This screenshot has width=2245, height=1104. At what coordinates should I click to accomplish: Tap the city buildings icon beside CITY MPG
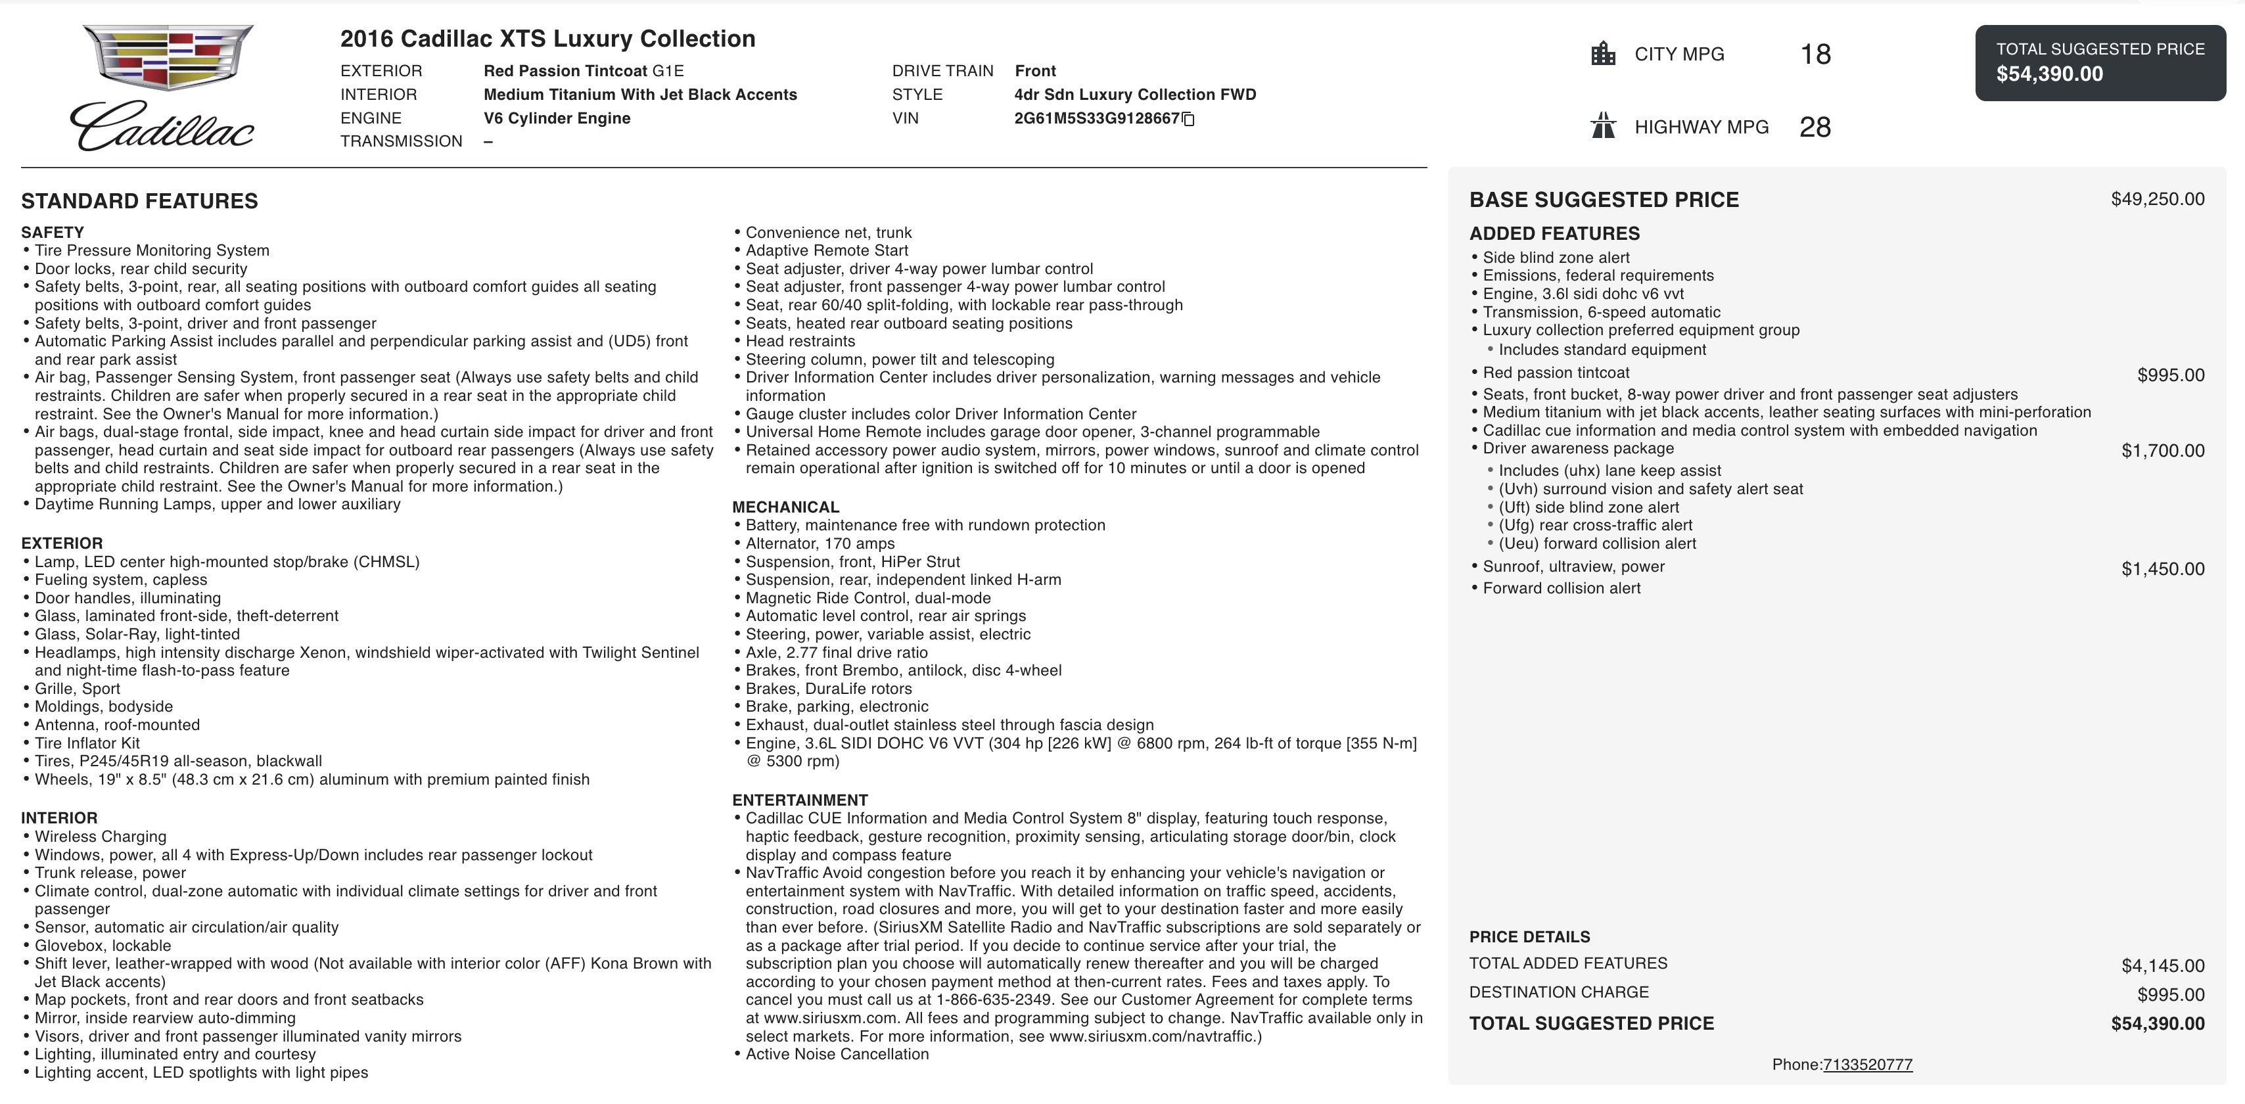click(x=1603, y=54)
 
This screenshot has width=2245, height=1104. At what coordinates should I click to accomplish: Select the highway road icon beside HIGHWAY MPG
click(x=1603, y=126)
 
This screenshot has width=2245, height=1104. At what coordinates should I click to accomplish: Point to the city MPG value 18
click(x=1815, y=54)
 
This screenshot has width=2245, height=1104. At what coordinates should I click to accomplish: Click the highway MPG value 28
click(x=1815, y=127)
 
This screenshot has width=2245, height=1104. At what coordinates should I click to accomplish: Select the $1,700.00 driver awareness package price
click(x=2162, y=451)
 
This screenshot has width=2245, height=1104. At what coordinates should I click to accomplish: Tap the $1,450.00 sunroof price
click(x=2162, y=569)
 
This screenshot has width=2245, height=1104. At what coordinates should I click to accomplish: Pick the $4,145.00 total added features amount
click(x=2162, y=965)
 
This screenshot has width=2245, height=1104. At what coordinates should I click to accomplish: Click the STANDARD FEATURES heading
click(x=139, y=201)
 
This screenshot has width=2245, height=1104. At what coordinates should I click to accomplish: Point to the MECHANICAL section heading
click(x=785, y=507)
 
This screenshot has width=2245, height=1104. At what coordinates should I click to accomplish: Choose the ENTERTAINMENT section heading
click(x=799, y=800)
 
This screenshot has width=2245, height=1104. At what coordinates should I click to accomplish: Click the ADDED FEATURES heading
click(x=1554, y=233)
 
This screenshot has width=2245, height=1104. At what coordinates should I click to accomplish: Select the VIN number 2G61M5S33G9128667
click(x=1096, y=118)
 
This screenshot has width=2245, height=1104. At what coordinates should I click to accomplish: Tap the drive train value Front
click(x=1034, y=70)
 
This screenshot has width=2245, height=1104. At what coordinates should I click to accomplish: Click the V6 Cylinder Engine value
click(x=557, y=118)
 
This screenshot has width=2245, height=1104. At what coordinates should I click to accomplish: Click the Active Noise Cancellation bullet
click(x=837, y=1054)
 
